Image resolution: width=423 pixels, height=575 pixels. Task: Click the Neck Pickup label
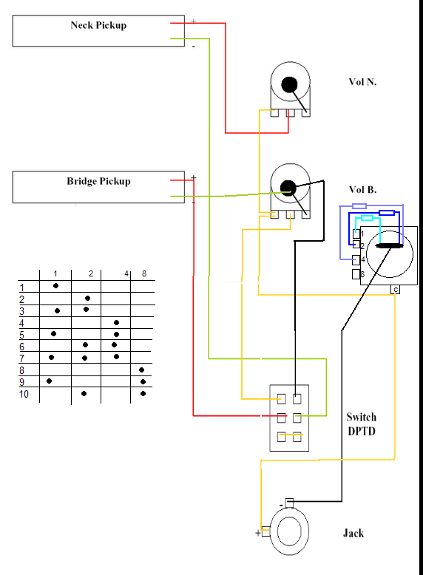[98, 25]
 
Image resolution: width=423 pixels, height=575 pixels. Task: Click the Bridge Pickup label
[98, 182]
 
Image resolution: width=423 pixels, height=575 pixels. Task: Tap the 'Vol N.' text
[362, 82]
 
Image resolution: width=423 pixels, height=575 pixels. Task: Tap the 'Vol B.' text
[362, 190]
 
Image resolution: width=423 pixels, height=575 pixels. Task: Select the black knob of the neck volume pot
[289, 84]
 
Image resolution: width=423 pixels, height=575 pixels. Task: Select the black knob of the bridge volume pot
[288, 188]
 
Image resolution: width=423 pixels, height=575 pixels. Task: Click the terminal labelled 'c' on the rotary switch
[395, 290]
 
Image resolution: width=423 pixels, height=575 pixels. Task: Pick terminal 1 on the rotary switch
[356, 234]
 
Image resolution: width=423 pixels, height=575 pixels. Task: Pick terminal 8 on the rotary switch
[356, 274]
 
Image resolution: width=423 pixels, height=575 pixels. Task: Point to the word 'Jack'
[353, 533]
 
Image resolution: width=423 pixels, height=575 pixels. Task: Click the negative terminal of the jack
[289, 503]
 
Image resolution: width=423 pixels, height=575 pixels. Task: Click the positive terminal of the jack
[265, 531]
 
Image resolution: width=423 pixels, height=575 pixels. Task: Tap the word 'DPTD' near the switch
[362, 432]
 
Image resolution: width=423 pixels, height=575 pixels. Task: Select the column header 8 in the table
[144, 273]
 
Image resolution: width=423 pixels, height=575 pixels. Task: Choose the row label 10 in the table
[24, 394]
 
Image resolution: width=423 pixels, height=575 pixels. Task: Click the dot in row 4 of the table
[116, 323]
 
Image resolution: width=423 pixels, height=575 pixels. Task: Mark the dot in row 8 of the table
[141, 370]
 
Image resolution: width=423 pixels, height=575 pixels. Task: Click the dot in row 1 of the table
[55, 286]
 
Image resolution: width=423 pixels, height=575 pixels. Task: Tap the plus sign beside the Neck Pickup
[193, 21]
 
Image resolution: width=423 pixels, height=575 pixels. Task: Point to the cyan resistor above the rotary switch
[368, 218]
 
